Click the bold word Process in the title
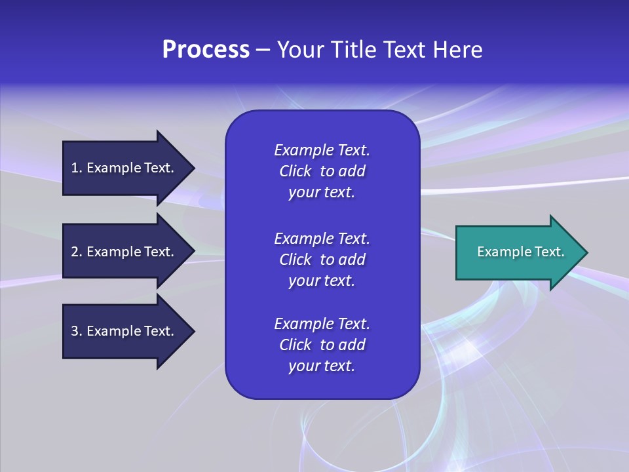[206, 50]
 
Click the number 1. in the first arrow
[77, 168]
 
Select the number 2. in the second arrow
[77, 252]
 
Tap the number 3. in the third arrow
[77, 331]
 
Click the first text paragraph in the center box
[322, 171]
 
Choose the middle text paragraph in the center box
[322, 260]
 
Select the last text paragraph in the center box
[322, 345]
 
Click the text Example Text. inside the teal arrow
[520, 252]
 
